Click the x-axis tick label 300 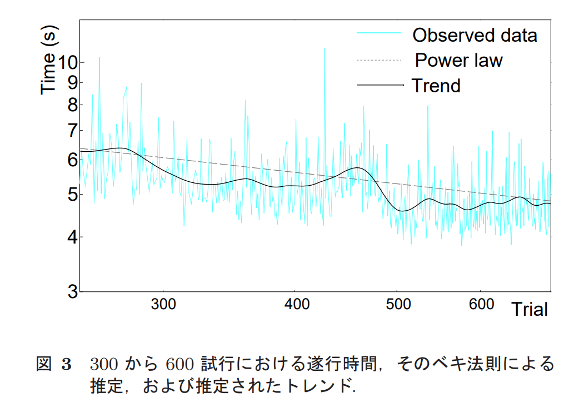(163, 304)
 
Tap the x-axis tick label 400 (296, 304)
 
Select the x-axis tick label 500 (398, 304)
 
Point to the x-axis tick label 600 (481, 304)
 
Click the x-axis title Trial (530, 309)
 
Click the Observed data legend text (475, 35)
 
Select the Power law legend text (458, 60)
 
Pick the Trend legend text (436, 86)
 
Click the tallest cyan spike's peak (325, 48)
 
